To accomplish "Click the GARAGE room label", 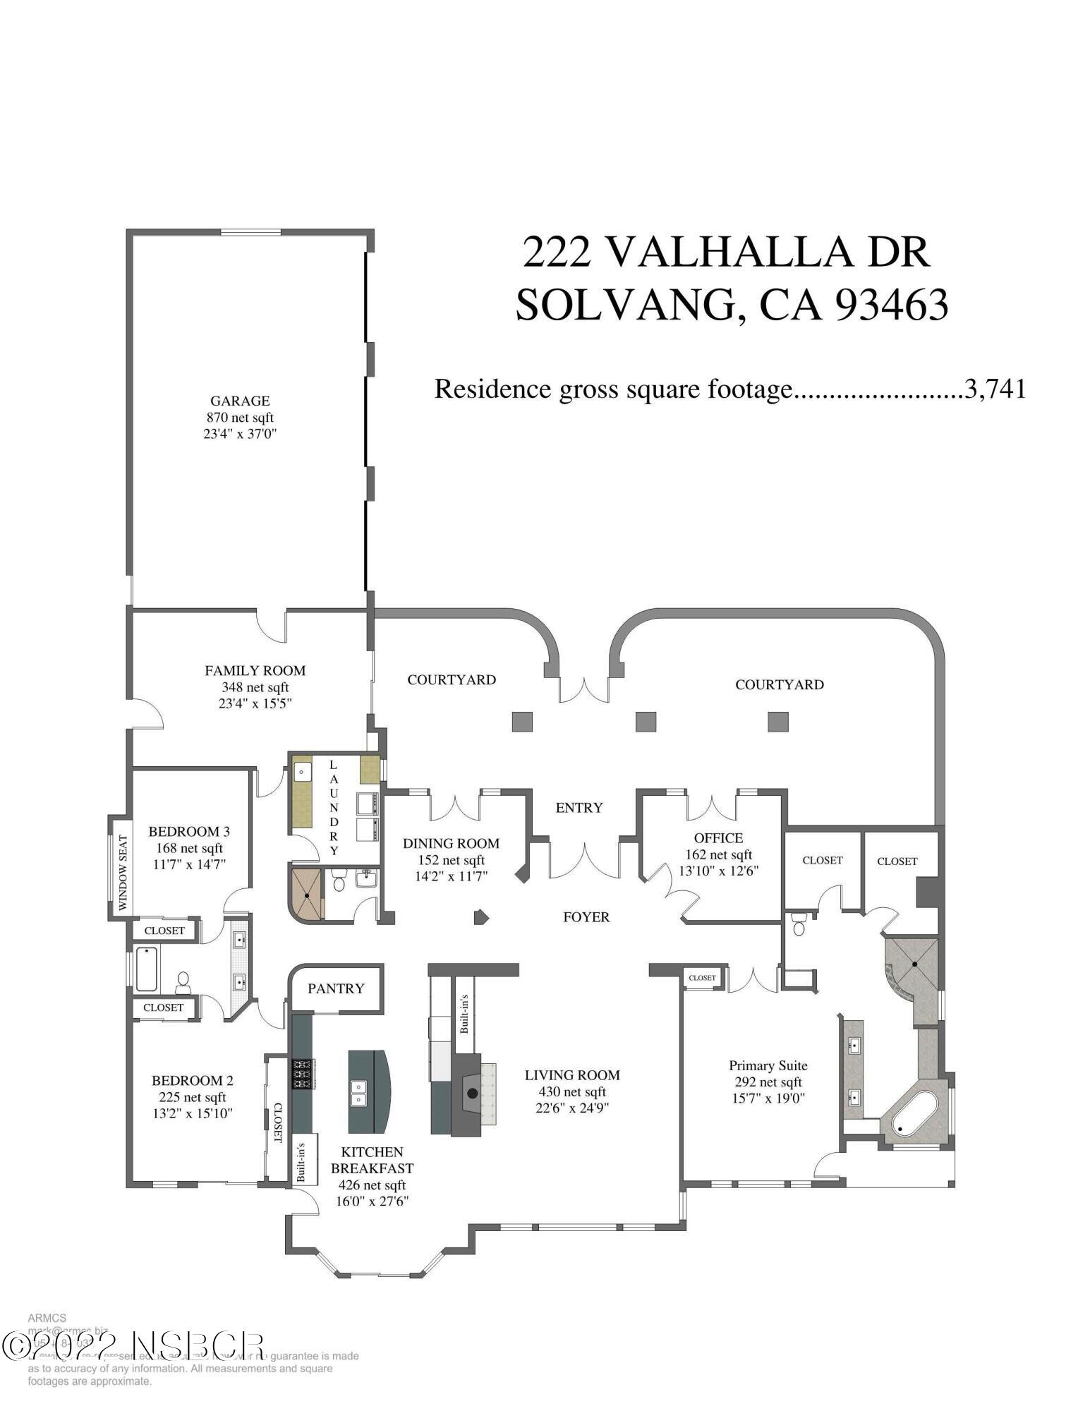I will (x=240, y=401).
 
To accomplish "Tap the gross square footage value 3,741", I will (x=995, y=389).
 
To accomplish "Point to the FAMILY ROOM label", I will (x=255, y=670).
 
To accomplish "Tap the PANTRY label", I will (x=336, y=988).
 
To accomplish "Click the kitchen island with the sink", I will (x=368, y=1091).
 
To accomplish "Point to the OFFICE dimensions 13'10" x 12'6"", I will (x=718, y=871).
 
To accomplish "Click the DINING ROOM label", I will (x=451, y=843).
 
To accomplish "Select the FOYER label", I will (x=586, y=917).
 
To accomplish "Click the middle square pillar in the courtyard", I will (x=646, y=722).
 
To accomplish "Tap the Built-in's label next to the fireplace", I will (x=464, y=1014).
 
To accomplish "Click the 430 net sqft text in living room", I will (x=571, y=1091).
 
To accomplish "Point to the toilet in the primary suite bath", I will (x=799, y=923).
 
